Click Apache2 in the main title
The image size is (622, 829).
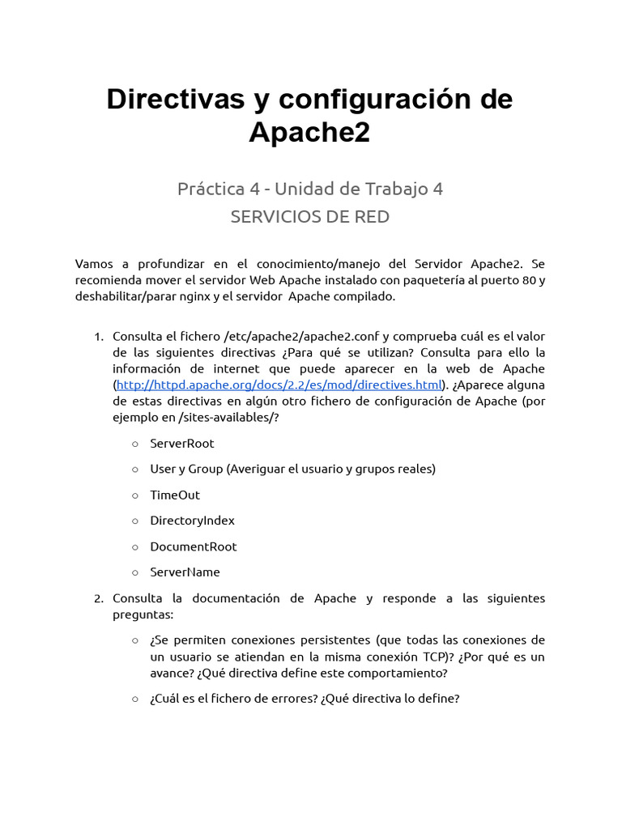(309, 132)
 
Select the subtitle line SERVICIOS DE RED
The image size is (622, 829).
(310, 217)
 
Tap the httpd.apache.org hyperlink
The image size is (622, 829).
(279, 384)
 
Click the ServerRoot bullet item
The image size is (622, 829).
(182, 444)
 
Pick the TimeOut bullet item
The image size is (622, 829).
(175, 495)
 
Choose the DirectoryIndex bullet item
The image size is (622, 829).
(192, 521)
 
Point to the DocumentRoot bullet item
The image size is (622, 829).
(194, 546)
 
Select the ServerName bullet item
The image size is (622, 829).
(185, 572)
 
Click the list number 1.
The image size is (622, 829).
(98, 336)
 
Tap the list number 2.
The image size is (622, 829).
(98, 598)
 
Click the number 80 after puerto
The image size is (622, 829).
(520, 281)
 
